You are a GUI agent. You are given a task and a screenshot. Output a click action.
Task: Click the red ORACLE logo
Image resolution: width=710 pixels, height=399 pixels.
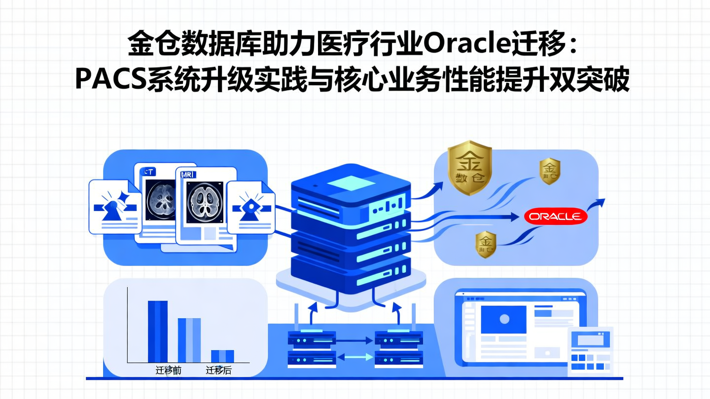click(556, 217)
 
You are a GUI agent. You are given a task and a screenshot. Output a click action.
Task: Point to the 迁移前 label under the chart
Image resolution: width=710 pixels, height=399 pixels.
click(168, 370)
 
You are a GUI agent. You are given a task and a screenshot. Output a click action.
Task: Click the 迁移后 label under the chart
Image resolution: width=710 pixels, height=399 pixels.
click(218, 370)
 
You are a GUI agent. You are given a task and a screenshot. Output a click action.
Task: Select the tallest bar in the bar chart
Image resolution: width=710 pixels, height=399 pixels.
click(158, 331)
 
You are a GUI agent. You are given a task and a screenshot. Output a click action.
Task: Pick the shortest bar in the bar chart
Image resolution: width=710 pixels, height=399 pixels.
click(222, 356)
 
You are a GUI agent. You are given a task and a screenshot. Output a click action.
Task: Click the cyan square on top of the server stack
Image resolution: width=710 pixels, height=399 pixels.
click(351, 184)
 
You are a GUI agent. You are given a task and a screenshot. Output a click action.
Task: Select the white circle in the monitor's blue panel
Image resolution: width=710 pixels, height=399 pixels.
click(504, 319)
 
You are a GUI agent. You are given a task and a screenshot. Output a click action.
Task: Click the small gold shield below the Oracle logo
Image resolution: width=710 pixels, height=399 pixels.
click(486, 244)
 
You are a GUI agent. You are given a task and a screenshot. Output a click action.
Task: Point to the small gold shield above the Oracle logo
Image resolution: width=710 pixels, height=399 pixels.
click(549, 171)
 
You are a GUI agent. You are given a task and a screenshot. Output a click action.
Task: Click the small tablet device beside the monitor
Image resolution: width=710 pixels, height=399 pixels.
click(590, 350)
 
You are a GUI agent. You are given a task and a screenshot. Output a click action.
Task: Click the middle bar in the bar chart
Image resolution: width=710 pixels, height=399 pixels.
click(189, 340)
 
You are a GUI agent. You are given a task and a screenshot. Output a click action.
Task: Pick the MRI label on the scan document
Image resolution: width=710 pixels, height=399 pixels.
click(188, 175)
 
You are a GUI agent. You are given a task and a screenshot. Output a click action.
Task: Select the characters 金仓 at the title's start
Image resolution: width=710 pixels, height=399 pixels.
click(146, 46)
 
